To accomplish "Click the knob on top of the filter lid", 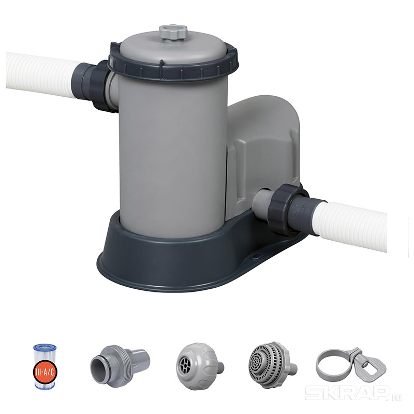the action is pos(173,33).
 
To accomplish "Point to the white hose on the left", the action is pos(42,75).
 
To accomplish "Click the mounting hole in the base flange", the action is pos(256,256).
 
